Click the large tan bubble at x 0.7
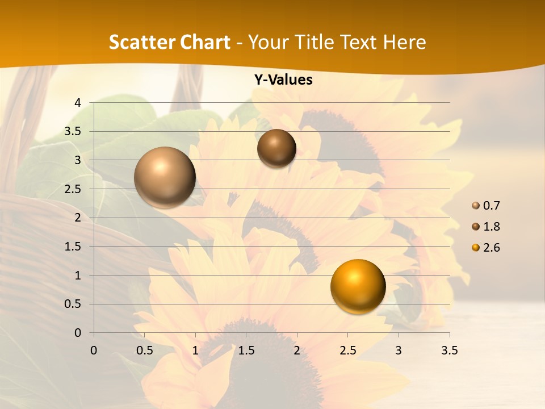tap(165, 177)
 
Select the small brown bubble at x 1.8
tap(276, 148)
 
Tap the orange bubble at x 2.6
tap(358, 286)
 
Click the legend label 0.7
tap(491, 206)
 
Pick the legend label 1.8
tap(491, 227)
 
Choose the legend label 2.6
tap(491, 248)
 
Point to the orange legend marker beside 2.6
tap(476, 248)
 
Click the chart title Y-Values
tap(283, 80)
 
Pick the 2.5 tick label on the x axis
tap(347, 350)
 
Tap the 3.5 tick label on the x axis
tap(449, 350)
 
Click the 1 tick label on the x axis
tap(195, 350)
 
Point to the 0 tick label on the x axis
tap(94, 350)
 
